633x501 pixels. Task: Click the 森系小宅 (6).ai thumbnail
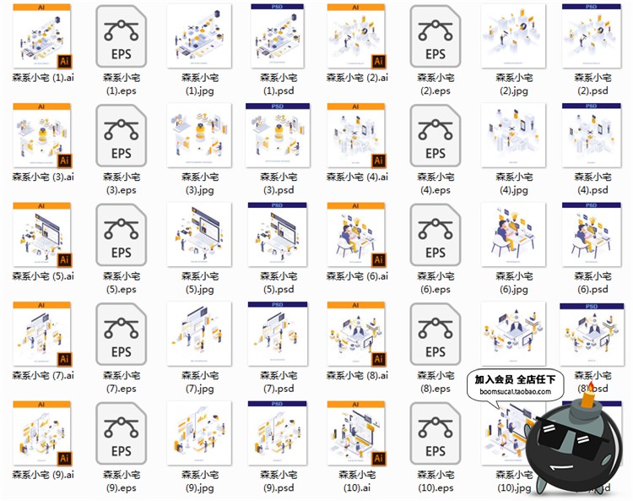[355, 234]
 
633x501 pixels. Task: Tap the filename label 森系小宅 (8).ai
[357, 375]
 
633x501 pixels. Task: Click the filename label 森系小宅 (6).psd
[590, 282]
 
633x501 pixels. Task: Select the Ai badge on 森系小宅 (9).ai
[63, 457]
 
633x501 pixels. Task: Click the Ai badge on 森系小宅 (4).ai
[378, 160]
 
